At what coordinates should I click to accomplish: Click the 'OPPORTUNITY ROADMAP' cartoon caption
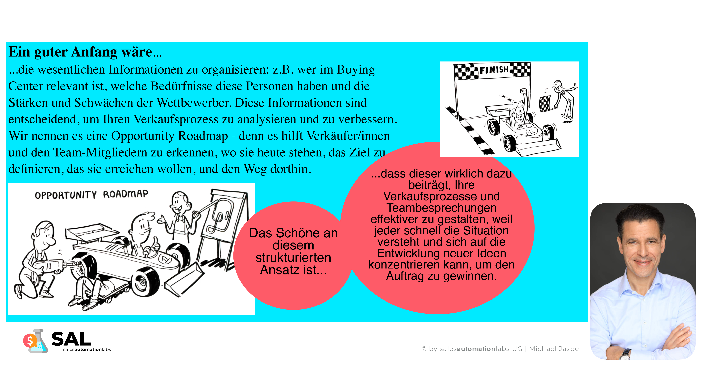click(91, 195)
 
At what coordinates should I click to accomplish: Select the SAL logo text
click(71, 339)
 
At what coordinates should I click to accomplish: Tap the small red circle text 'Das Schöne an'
click(293, 233)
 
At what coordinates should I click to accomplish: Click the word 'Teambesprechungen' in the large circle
click(441, 208)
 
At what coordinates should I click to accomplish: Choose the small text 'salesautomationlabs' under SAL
click(87, 350)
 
